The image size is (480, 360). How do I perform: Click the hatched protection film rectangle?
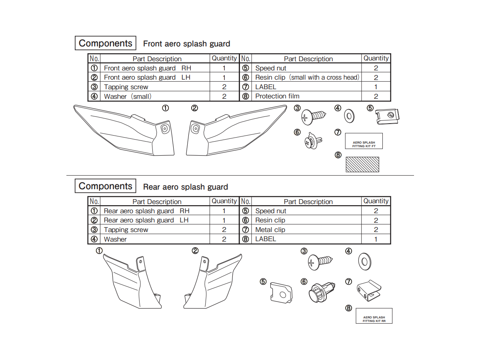362,164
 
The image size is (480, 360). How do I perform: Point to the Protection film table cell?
277,96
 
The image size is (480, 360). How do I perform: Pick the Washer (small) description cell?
128,96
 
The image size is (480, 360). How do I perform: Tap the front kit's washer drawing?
350,116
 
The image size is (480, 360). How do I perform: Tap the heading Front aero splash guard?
186,44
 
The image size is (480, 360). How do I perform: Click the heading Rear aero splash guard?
185,187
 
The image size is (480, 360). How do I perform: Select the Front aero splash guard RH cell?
147,68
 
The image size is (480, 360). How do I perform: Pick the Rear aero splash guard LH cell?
146,220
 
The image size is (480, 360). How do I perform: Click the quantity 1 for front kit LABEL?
376,87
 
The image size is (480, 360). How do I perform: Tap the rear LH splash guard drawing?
212,282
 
